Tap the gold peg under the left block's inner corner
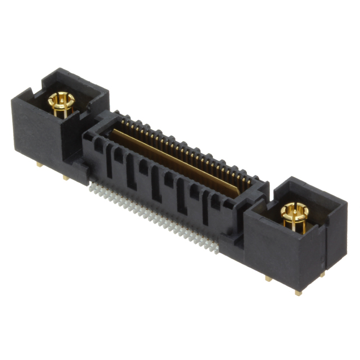tap(66, 177)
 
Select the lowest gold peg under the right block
tap(298, 291)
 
